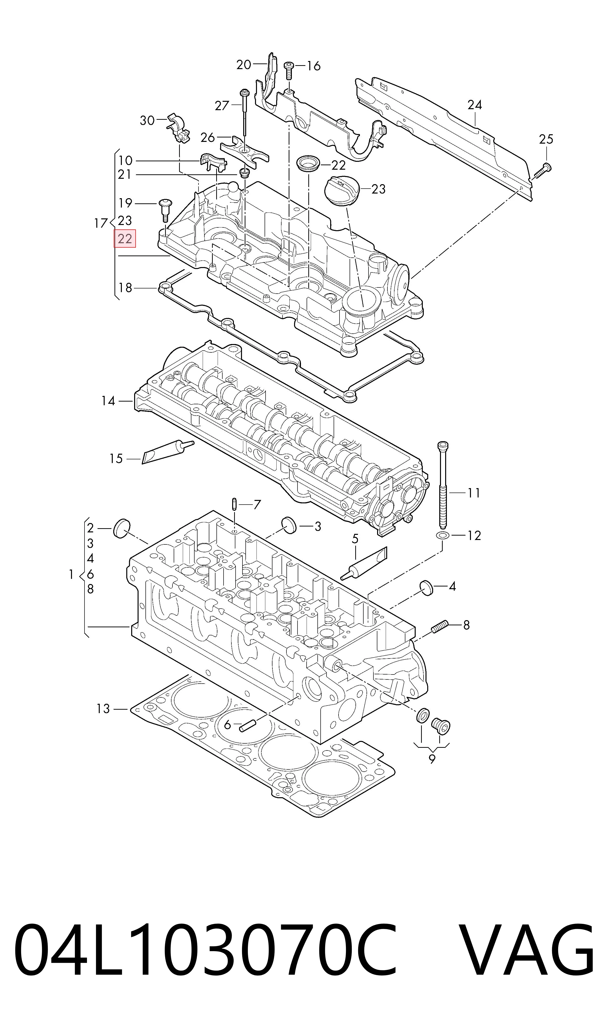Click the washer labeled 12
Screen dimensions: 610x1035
coord(442,535)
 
